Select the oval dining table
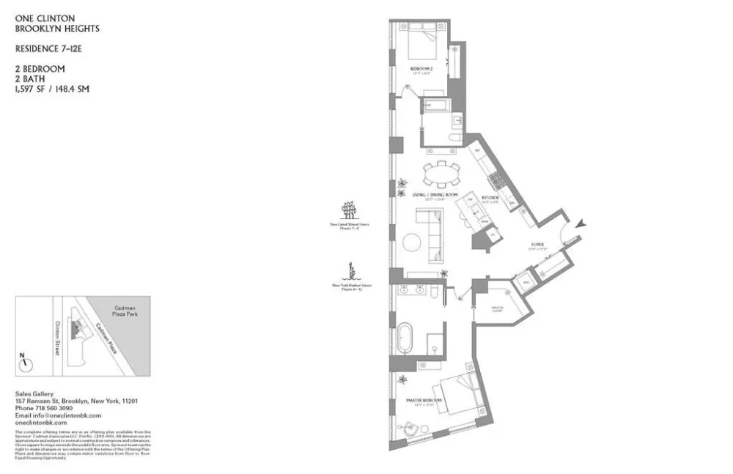coord(441,175)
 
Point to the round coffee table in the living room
coord(411,241)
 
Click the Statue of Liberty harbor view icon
coord(353,272)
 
